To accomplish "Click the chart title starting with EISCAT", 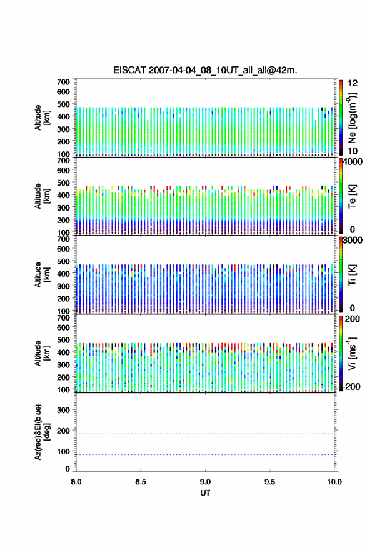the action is point(205,70).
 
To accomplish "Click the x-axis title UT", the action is point(205,493).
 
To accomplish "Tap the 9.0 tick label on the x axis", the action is point(205,482).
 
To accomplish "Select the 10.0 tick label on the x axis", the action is point(334,482).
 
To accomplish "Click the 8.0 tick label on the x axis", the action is point(76,482).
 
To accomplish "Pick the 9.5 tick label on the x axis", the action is point(270,482).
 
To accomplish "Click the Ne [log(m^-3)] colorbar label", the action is point(352,117).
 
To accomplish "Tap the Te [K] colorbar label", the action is point(352,196).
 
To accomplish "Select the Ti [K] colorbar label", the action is point(352,274).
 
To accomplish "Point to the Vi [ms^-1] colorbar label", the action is point(352,353).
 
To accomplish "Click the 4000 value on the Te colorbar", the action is point(353,162).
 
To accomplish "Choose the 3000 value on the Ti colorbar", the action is point(353,241).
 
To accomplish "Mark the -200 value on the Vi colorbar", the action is point(351,386).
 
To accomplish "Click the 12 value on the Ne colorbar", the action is point(353,83).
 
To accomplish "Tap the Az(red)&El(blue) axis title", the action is point(42,432).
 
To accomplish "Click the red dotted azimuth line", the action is point(205,434).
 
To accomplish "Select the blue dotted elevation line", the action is point(205,454).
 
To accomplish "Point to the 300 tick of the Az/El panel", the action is point(63,410).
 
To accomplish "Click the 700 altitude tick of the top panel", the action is point(63,82).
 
